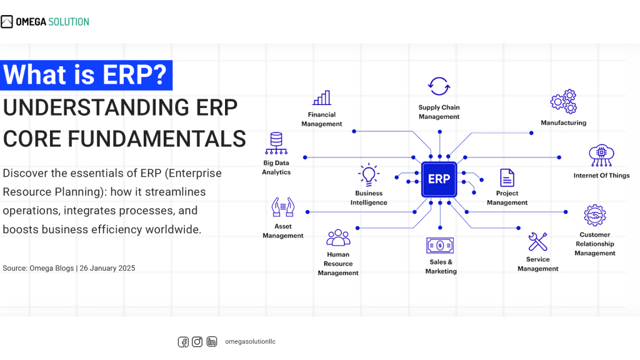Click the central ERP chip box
click(439, 179)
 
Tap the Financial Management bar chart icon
click(322, 98)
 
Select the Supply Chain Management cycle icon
click(439, 86)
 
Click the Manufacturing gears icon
click(563, 102)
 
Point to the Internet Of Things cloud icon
click(601, 156)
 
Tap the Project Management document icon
click(507, 178)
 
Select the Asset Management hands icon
click(282, 208)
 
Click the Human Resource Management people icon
click(338, 237)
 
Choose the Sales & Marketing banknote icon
click(440, 245)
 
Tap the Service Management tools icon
click(537, 241)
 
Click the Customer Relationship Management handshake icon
click(594, 216)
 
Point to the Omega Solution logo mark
click(7, 22)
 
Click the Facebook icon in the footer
click(183, 342)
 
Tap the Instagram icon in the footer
click(197, 342)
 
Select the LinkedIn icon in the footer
click(212, 342)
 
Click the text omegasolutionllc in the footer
click(250, 342)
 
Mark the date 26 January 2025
click(107, 268)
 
